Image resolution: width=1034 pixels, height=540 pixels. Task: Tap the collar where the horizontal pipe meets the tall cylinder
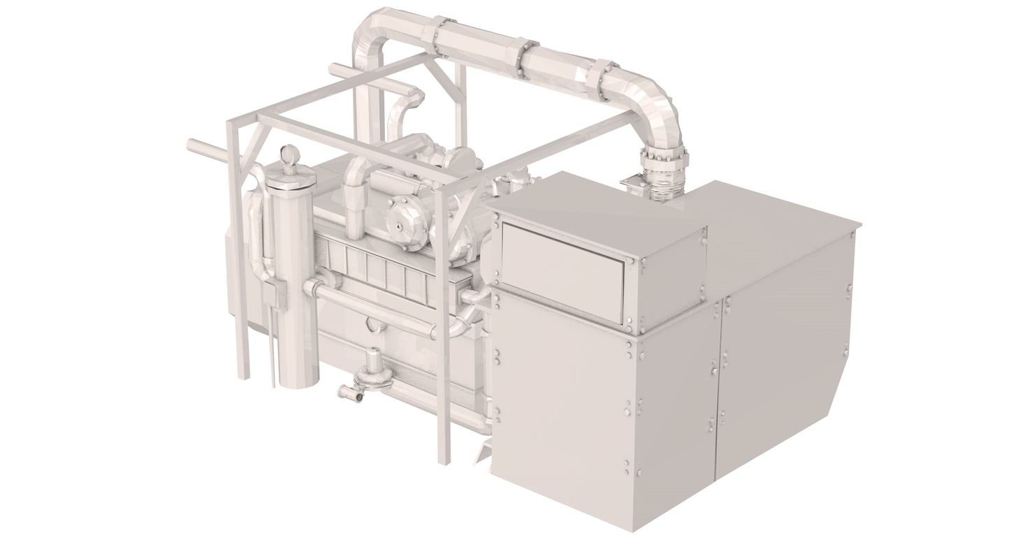pos(312,287)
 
